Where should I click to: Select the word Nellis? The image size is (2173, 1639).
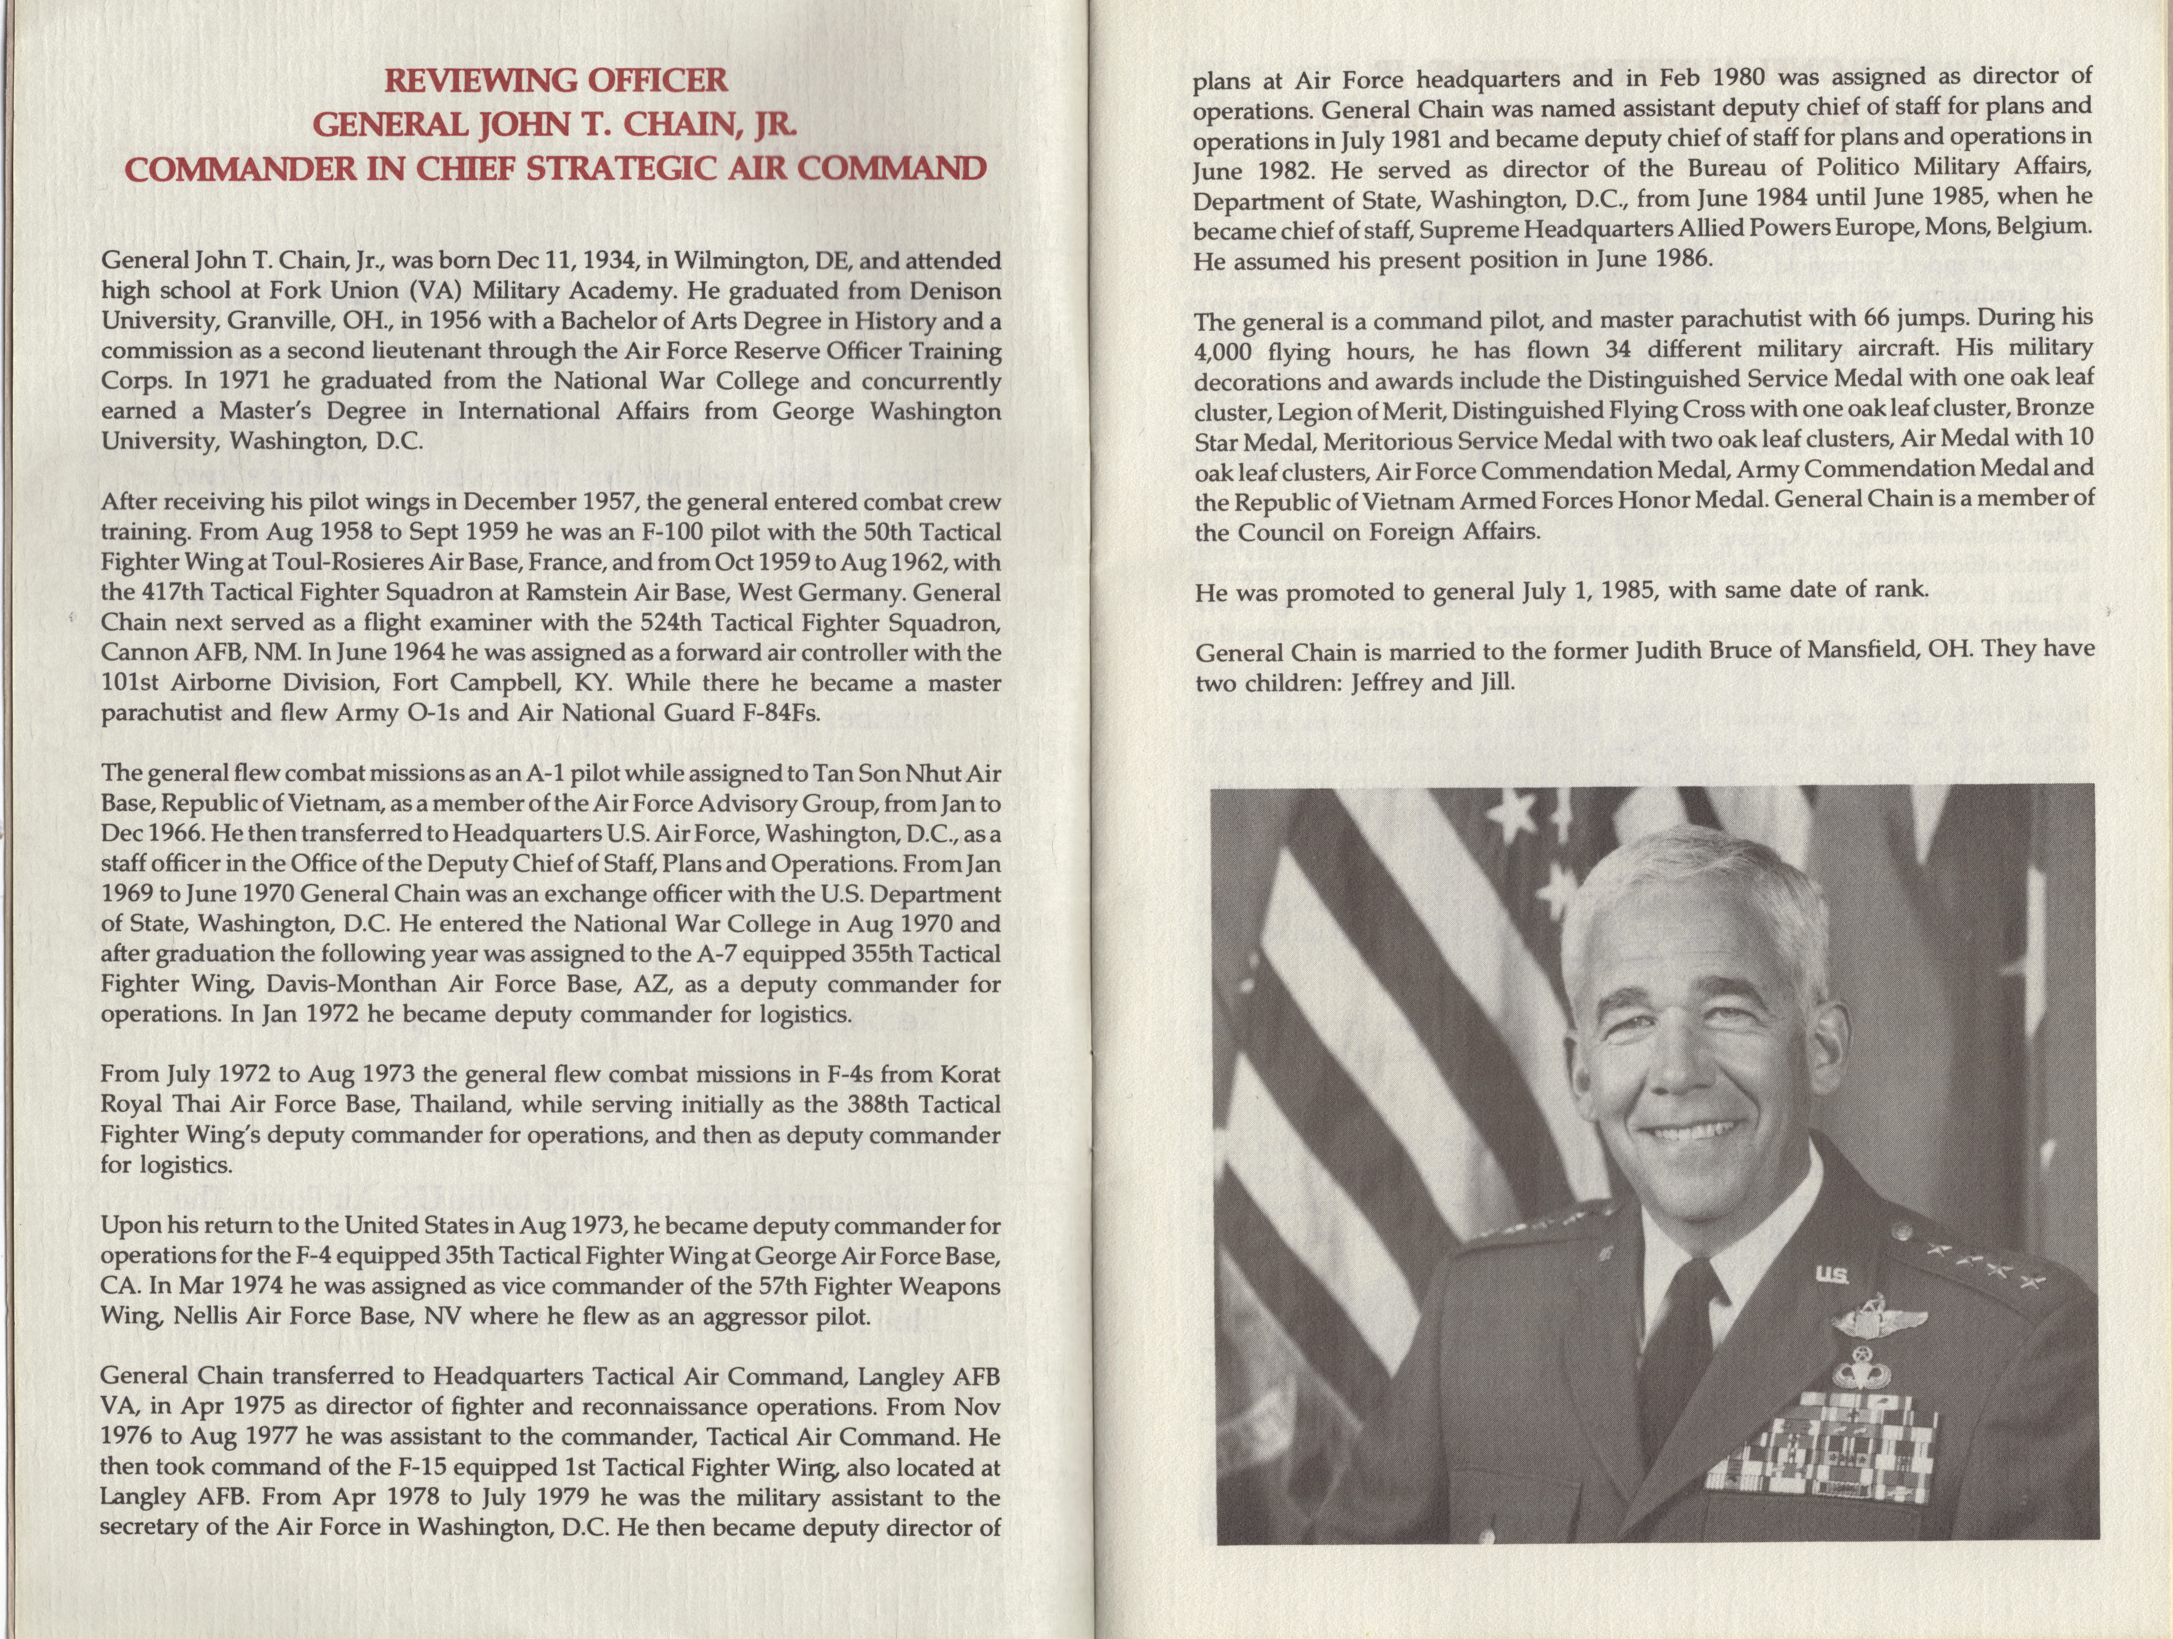pyautogui.click(x=213, y=1316)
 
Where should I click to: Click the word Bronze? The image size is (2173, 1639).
pyautogui.click(x=2055, y=409)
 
